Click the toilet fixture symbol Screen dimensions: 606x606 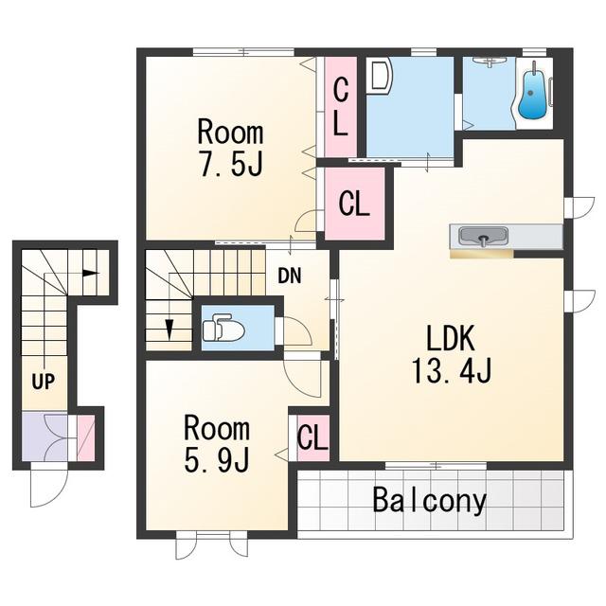tap(223, 328)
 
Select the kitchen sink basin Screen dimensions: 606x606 tap(483, 236)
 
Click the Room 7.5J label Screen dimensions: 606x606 tap(231, 148)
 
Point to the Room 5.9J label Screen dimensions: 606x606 tap(217, 444)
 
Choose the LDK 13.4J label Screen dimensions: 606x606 tap(451, 354)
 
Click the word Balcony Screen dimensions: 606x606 tap(429, 501)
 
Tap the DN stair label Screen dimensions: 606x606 tap(290, 276)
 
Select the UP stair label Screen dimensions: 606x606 tap(44, 382)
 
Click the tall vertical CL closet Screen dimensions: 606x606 tap(341, 107)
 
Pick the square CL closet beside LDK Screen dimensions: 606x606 tap(354, 204)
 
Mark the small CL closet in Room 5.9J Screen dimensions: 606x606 tap(312, 437)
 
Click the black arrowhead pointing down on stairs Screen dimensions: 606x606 tap(169, 330)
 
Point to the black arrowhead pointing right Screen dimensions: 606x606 tap(91, 273)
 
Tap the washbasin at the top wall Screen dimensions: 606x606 tap(490, 61)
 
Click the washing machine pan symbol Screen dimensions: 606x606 tap(381, 76)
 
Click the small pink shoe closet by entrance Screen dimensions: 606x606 tap(86, 437)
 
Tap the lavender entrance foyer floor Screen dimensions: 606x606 tap(45, 437)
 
